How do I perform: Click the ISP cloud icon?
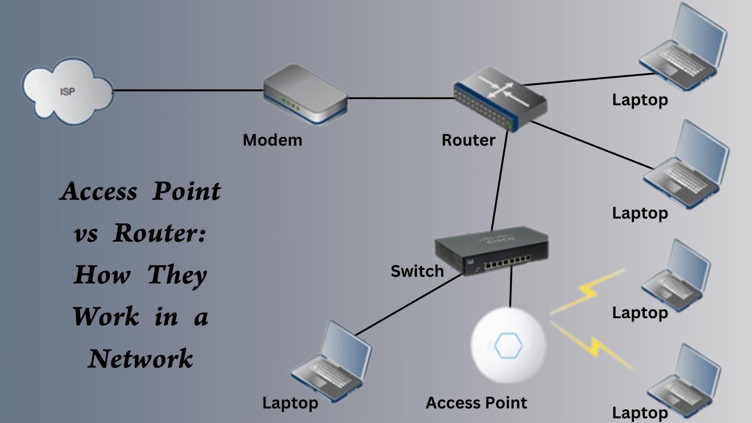pyautogui.click(x=67, y=92)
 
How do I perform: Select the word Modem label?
pyautogui.click(x=272, y=140)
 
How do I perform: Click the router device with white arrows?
pyautogui.click(x=500, y=98)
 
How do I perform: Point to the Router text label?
pyautogui.click(x=468, y=140)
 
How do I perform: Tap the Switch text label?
pyautogui.click(x=417, y=271)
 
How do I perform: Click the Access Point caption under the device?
pyautogui.click(x=476, y=403)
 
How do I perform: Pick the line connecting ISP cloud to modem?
pyautogui.click(x=188, y=90)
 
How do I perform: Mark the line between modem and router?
pyautogui.click(x=399, y=98)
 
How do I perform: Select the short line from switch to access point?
pyautogui.click(x=511, y=291)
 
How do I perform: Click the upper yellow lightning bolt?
pyautogui.click(x=587, y=291)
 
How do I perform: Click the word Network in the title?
pyautogui.click(x=140, y=359)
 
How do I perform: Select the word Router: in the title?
pyautogui.click(x=160, y=233)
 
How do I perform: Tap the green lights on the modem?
pyautogui.click(x=289, y=104)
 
